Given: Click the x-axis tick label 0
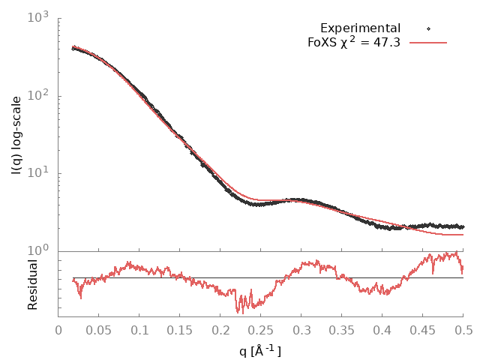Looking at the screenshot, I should pos(58,328).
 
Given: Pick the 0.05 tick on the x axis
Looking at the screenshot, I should pos(99,328).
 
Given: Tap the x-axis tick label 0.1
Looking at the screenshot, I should pos(139,328).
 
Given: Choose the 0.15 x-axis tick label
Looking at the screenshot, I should pos(180,328).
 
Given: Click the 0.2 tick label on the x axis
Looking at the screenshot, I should pos(220,328).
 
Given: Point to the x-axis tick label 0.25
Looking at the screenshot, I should pos(261,328).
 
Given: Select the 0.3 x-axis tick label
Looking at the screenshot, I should pos(301,328).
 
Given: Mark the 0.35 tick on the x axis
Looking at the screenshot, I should pos(342,328).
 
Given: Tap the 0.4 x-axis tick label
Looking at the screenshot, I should pos(382,328).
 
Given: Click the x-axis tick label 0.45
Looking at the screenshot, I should pos(423,328).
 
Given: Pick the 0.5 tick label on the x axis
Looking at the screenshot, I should pos(463,328).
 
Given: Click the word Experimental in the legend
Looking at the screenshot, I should pos(360,28).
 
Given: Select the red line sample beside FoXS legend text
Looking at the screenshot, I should pos(428,42).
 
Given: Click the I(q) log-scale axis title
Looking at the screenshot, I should pos(16,134).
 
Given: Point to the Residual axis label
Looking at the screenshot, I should pos(33,284).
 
